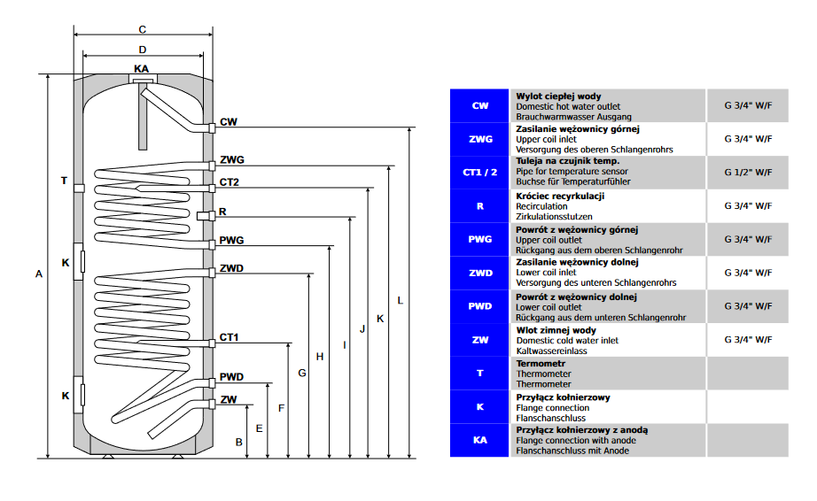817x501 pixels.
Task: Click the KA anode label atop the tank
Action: click(x=142, y=68)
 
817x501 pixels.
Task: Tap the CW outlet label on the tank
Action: click(x=229, y=121)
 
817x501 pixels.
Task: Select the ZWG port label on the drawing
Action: click(x=232, y=160)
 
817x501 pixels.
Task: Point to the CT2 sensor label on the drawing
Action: click(x=230, y=182)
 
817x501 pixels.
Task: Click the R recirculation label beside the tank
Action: click(x=222, y=212)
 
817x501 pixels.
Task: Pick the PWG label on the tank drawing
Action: click(x=232, y=240)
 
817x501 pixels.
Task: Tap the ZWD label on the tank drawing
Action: click(x=232, y=267)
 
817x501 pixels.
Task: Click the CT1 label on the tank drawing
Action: click(x=230, y=337)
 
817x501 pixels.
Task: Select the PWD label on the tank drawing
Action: click(x=232, y=378)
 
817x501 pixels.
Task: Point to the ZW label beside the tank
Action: click(x=229, y=399)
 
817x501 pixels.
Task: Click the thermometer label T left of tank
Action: click(x=64, y=181)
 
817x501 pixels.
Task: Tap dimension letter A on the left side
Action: click(x=38, y=274)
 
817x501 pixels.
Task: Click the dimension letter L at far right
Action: click(x=401, y=301)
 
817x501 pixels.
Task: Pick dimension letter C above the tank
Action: click(x=142, y=29)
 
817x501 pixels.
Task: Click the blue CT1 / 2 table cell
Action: click(x=480, y=172)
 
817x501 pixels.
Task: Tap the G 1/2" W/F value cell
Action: click(x=748, y=172)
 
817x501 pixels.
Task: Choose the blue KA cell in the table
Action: click(x=480, y=440)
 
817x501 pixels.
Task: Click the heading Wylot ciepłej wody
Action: click(x=558, y=96)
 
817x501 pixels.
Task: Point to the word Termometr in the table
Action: click(x=541, y=363)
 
